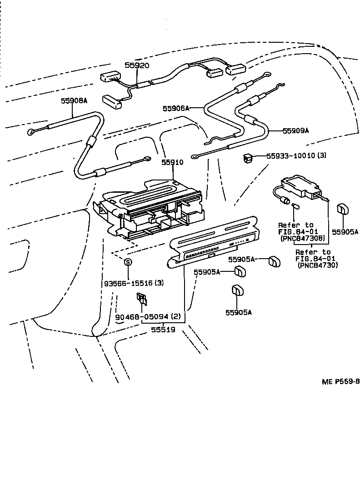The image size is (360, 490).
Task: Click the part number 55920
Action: [137, 65]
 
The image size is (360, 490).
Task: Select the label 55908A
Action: [74, 101]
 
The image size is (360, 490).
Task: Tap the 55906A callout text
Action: [175, 108]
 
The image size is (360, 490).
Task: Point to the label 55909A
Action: [295, 130]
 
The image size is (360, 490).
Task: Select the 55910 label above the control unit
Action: [172, 162]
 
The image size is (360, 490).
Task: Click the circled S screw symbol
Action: [128, 262]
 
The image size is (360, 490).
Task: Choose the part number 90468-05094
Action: [141, 317]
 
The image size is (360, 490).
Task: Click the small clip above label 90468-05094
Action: [141, 299]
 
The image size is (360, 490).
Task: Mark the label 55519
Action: [163, 330]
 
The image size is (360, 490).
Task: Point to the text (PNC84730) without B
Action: [318, 265]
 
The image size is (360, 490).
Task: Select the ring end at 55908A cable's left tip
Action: [31, 132]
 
